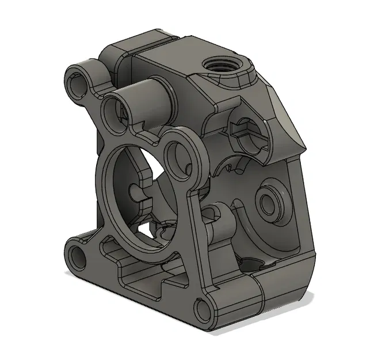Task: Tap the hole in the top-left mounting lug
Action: (77, 79)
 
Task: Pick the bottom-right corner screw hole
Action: (203, 310)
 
